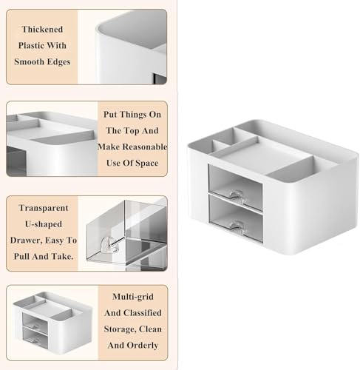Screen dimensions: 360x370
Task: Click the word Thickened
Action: click(x=42, y=30)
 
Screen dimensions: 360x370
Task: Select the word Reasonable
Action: click(x=145, y=147)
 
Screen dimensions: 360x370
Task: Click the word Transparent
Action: click(x=44, y=208)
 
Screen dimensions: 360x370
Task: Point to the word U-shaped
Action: click(x=44, y=224)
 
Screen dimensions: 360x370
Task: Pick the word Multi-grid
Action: click(x=133, y=297)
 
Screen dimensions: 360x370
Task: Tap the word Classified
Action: click(x=143, y=313)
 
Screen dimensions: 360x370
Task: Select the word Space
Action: click(x=145, y=164)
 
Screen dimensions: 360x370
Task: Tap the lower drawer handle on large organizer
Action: click(x=236, y=224)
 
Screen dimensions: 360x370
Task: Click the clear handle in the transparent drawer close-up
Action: click(x=109, y=244)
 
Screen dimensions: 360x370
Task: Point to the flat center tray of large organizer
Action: click(x=261, y=154)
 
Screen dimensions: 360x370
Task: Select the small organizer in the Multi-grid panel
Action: click(x=52, y=323)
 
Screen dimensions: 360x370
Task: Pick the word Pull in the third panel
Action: click(x=21, y=257)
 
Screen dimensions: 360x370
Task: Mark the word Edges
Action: click(x=58, y=62)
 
